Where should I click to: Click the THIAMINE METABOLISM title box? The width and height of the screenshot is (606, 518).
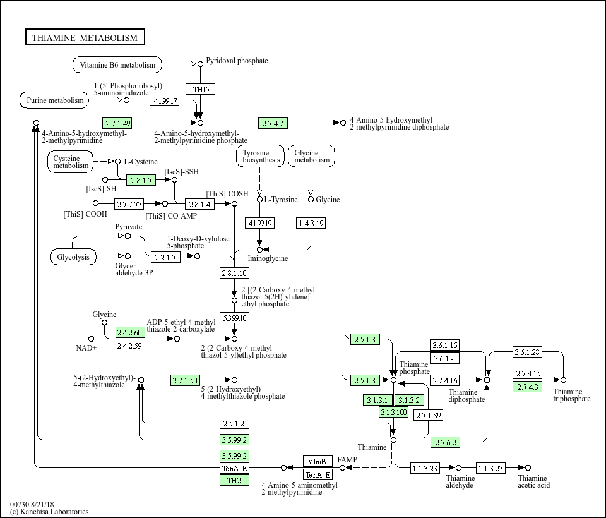click(85, 37)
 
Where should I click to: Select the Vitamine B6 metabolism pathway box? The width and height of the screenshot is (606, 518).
click(117, 64)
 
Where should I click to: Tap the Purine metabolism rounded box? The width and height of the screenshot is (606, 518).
click(54, 100)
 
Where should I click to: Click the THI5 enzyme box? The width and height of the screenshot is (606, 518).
click(201, 89)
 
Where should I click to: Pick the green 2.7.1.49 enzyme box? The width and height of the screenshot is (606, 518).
click(117, 123)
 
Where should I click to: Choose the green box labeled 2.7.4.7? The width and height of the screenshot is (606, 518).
click(273, 123)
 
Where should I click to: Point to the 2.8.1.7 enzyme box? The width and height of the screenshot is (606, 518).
click(141, 180)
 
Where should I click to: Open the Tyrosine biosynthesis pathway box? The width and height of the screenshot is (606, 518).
click(261, 156)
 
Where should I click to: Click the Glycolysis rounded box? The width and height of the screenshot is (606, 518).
click(73, 257)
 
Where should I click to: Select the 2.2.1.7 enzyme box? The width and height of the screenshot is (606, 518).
click(165, 257)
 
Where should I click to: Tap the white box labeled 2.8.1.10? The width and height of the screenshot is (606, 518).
click(234, 273)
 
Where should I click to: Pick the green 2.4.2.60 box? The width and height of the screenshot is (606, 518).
click(130, 332)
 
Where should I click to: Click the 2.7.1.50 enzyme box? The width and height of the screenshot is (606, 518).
click(185, 381)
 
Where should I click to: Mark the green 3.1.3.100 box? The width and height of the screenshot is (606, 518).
click(393, 412)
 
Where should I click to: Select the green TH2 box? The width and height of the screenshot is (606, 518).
click(234, 481)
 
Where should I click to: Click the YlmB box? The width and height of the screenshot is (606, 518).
click(318, 461)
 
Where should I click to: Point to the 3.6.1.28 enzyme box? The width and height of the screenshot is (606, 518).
click(527, 352)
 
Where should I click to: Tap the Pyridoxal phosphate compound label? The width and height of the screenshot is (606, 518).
click(237, 61)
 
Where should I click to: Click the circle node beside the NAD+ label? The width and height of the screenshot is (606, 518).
click(91, 339)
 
